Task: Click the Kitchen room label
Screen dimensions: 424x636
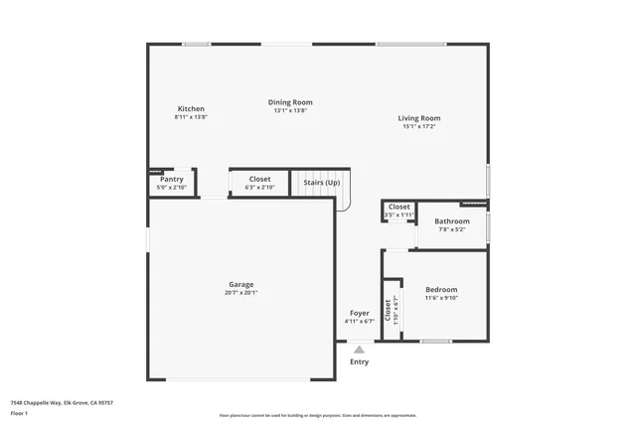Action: click(x=191, y=108)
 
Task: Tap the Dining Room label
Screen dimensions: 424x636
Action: click(x=290, y=102)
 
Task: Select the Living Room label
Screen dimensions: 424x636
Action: click(x=420, y=118)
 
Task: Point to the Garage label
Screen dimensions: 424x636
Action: click(x=240, y=284)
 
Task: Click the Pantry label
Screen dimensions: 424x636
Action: click(x=171, y=179)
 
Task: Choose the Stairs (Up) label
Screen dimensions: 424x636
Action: click(x=321, y=183)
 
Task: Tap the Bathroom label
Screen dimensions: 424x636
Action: click(x=451, y=220)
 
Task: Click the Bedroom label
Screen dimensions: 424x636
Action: click(x=441, y=289)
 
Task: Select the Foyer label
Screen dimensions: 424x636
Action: click(x=359, y=313)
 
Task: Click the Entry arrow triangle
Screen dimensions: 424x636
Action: click(x=359, y=349)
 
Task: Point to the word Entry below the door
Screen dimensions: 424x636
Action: click(x=359, y=361)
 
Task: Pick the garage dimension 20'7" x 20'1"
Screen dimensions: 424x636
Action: click(x=240, y=293)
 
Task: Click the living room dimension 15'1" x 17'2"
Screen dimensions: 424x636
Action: click(x=420, y=127)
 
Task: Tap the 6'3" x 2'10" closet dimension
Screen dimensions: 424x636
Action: click(x=259, y=188)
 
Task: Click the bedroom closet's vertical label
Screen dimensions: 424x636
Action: click(x=392, y=309)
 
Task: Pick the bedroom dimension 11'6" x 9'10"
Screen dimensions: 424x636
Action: click(x=441, y=298)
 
